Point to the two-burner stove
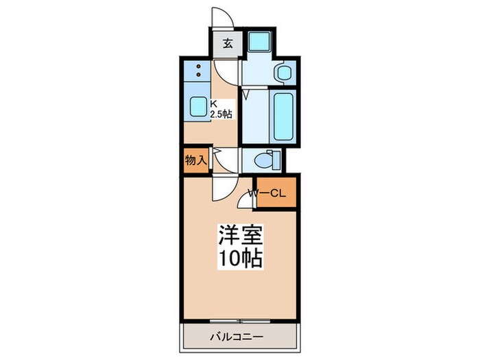(x=198, y=70)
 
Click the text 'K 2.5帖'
(x=221, y=109)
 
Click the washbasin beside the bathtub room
(x=283, y=72)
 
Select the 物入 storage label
(x=195, y=160)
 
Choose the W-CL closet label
(x=267, y=194)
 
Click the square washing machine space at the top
(x=260, y=42)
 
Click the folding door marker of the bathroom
(x=245, y=92)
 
